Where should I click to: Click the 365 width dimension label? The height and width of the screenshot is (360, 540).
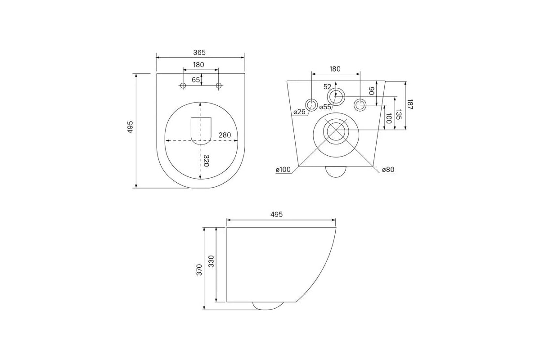tap(199, 52)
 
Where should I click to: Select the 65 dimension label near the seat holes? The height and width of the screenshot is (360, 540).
tap(196, 80)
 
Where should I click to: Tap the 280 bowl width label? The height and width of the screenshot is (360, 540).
tap(225, 135)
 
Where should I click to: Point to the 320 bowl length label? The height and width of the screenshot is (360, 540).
tap(206, 161)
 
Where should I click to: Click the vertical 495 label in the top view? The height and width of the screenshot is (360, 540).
tap(130, 127)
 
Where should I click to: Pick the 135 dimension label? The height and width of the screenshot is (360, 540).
tap(399, 115)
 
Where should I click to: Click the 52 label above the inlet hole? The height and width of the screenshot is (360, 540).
tap(328, 87)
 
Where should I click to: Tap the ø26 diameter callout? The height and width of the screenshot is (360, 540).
tap(299, 112)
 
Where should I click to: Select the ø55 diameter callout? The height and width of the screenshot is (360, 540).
tap(325, 107)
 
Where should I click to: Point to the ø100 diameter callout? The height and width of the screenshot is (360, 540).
tap(283, 170)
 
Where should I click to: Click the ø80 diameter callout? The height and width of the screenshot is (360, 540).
tap(388, 170)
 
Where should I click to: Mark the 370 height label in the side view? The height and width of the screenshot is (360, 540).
tap(199, 270)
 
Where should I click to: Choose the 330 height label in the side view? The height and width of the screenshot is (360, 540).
tap(211, 261)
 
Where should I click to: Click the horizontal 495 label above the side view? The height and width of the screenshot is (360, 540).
tap(276, 214)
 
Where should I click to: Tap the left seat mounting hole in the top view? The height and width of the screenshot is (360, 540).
tap(183, 85)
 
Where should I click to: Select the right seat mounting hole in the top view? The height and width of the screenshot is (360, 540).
tap(219, 85)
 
